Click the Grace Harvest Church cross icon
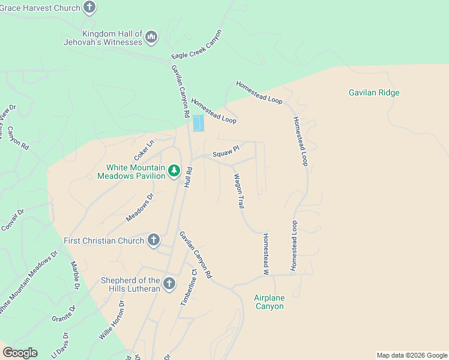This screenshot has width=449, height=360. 89,8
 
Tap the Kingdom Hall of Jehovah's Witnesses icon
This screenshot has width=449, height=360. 151,38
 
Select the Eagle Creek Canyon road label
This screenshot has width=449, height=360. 196,45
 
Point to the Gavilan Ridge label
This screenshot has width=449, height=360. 374,93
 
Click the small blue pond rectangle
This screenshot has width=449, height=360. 197,123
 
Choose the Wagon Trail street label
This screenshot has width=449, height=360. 239,191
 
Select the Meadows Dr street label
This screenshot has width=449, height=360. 140,208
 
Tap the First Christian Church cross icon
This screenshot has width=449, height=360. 153,241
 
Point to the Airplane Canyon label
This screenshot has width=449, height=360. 268,302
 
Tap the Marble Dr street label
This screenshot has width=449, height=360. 75,275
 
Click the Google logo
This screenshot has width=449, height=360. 20,353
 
